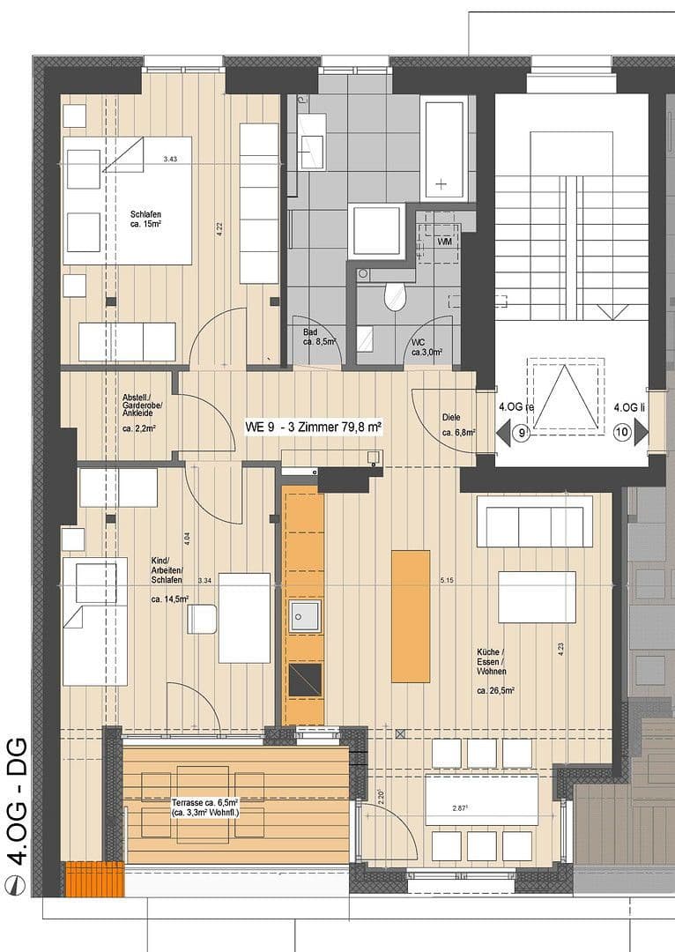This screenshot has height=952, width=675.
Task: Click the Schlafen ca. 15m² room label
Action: pos(146,219)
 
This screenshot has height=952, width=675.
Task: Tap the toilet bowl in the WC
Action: pos(395,296)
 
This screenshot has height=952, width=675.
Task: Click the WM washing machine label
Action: pos(445,241)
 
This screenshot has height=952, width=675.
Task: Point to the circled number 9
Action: pos(522,433)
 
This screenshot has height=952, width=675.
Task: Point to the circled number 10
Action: pos(623,433)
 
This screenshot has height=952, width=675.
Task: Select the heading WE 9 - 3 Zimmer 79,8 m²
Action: pos(313,427)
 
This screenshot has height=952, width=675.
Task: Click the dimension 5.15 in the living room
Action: pos(447,582)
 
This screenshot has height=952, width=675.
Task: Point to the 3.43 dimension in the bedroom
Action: pos(171,159)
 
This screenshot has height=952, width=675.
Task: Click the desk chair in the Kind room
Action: pos(202,619)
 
